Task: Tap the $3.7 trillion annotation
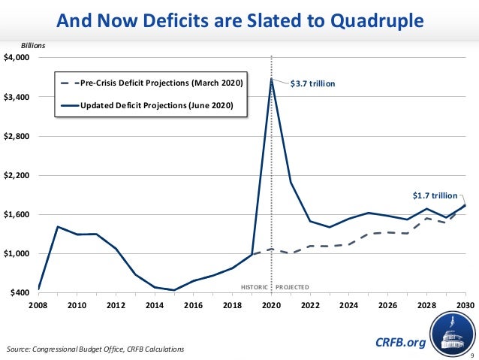click(x=313, y=84)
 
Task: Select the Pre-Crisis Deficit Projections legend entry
click(x=161, y=82)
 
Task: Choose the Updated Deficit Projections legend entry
click(x=161, y=106)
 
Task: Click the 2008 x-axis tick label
click(x=38, y=306)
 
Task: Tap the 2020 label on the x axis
click(x=271, y=306)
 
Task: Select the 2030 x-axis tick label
click(x=465, y=306)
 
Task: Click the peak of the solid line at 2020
click(x=271, y=79)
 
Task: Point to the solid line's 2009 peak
click(x=57, y=226)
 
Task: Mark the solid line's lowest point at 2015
click(x=174, y=290)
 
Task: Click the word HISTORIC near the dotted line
click(x=253, y=287)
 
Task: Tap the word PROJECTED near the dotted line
click(x=292, y=287)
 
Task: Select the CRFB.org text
click(x=400, y=343)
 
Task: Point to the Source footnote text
click(x=94, y=349)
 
